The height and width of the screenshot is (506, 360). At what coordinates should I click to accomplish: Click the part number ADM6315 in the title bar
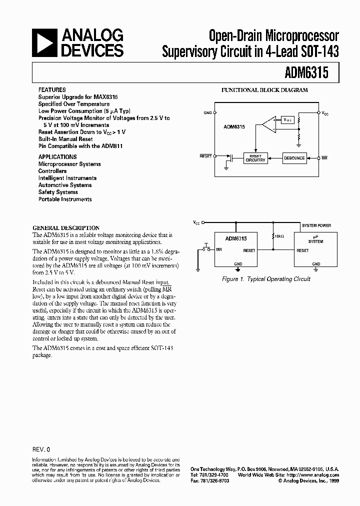[x=306, y=73]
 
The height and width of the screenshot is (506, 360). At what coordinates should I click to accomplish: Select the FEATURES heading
[x=52, y=89]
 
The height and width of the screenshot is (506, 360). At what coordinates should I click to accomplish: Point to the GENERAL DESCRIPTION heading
[x=66, y=227]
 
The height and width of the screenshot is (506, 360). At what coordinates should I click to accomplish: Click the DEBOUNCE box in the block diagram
[x=294, y=158]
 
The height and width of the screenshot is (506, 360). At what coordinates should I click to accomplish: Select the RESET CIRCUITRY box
[x=255, y=158]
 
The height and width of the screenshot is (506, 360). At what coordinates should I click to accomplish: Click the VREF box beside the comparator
[x=287, y=120]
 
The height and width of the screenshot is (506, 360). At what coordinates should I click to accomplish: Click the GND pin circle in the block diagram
[x=215, y=113]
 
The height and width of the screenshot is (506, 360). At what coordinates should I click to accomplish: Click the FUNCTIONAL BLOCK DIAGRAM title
[x=265, y=90]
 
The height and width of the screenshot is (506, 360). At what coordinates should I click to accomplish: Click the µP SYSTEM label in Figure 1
[x=315, y=239]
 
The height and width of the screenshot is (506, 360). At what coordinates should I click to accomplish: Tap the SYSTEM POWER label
[x=315, y=225]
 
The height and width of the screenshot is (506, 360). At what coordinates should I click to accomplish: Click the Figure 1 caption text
[x=266, y=279]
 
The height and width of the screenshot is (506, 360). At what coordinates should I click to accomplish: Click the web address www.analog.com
[x=318, y=474]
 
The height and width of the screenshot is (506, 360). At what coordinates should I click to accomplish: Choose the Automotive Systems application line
[x=65, y=185]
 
